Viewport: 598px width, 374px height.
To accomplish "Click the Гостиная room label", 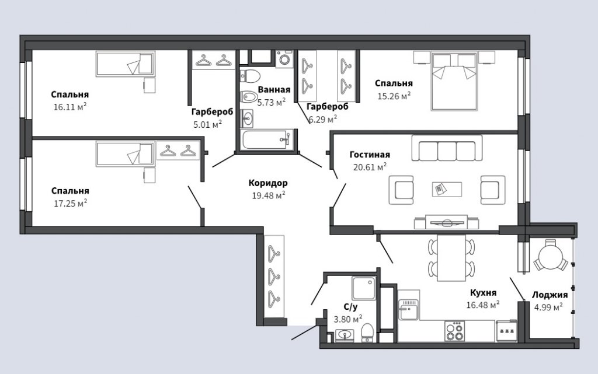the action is coord(370,155).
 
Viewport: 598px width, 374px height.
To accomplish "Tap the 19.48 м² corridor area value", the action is coord(269,195).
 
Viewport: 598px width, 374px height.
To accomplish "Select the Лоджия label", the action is coord(550,295).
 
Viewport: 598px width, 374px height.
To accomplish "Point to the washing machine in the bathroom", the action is coord(284,59).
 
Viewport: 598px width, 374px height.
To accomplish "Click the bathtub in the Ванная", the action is coord(267,139).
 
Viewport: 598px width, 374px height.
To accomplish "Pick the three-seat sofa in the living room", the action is coord(447,148).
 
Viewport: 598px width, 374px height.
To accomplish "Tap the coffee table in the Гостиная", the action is coord(447,189).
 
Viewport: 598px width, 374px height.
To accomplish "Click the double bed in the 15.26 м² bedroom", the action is coord(454,81).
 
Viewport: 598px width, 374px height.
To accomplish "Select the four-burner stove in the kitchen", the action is coord(454,331).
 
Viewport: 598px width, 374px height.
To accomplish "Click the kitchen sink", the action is coord(408,309).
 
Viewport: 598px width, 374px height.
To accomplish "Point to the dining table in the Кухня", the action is coord(451,257).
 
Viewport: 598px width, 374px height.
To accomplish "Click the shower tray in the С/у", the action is coord(363,288).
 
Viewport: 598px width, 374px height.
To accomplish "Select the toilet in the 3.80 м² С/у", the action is coord(367,332).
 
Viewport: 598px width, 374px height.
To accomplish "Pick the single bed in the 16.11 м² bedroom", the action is coord(126,64).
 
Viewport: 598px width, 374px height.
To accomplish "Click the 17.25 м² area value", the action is coord(71,204).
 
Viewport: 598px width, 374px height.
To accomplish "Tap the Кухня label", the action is coord(483,292).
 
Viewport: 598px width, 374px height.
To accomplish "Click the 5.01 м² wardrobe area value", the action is coord(207,124).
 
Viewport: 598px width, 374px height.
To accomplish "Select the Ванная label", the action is coord(274,89).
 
